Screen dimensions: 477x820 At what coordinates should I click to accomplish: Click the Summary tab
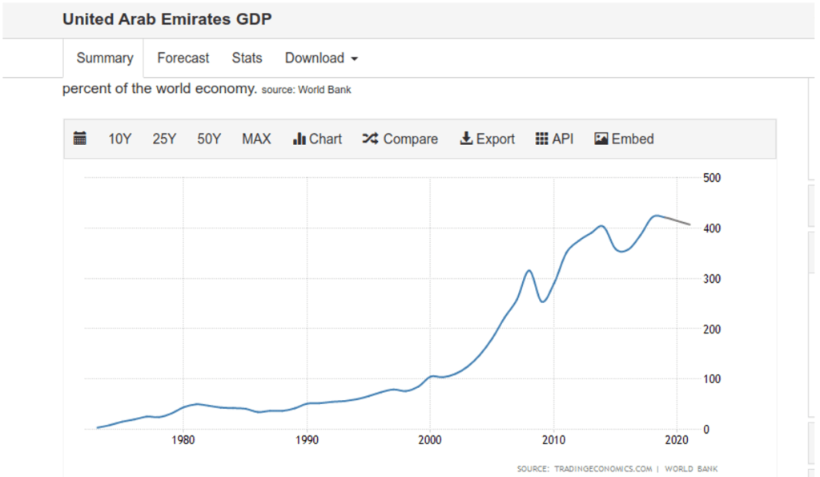pos(104,58)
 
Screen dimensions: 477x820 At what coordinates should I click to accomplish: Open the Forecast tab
pos(183,58)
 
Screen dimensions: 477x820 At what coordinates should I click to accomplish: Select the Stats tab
pos(247,58)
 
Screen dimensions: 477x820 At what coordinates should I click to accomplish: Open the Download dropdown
pos(321,58)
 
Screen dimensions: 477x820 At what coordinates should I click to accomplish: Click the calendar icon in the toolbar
pos(80,139)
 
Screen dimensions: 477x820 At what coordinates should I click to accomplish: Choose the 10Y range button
pos(119,139)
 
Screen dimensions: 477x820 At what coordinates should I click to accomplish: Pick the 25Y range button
pos(164,139)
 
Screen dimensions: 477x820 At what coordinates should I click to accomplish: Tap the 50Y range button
pos(209,139)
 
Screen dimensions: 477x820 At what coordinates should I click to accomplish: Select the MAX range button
pos(256,139)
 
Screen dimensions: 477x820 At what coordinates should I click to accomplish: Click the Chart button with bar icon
pos(318,139)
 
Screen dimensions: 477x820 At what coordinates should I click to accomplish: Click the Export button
pos(487,139)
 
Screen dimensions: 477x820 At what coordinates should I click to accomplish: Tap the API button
pos(554,139)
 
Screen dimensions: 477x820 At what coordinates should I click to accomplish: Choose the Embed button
pos(624,139)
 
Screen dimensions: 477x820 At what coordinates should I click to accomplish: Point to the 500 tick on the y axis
pos(711,178)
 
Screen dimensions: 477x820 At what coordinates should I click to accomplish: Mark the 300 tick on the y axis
pos(711,279)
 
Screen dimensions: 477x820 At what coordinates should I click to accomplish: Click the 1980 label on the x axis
pos(183,440)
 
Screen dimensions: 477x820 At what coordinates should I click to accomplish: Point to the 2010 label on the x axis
pos(553,440)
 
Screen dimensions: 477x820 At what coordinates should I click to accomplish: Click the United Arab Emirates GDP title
pos(167,18)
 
